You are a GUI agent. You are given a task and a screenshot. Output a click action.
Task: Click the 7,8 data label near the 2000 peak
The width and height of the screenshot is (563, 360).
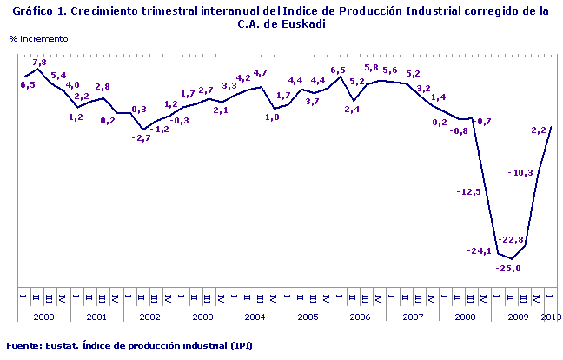tap(39, 63)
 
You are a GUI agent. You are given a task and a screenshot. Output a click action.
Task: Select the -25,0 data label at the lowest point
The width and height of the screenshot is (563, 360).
tap(508, 269)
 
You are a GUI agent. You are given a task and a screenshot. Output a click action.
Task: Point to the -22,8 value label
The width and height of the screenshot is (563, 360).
tap(511, 240)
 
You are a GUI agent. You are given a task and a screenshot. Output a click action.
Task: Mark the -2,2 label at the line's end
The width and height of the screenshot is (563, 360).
tap(537, 130)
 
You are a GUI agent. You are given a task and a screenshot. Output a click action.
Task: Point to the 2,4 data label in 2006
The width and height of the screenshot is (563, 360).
tap(352, 110)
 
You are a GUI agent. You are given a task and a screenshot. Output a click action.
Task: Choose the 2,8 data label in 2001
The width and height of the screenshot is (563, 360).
tap(102, 86)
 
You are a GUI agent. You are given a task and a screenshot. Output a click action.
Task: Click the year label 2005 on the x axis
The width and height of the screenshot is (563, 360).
tap(308, 317)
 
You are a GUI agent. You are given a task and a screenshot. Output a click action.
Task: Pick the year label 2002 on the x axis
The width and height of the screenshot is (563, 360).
tap(149, 317)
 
